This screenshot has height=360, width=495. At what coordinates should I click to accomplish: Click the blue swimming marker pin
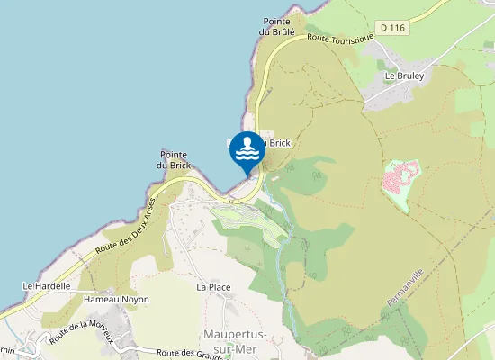pos(247,151)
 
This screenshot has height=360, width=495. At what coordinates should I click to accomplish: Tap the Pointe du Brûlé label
pos(275,27)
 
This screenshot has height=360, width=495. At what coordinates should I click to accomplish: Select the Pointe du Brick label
pos(173,159)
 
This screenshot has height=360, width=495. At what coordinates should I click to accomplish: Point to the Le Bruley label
pos(404,76)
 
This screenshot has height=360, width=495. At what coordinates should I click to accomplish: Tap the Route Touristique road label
pos(339,38)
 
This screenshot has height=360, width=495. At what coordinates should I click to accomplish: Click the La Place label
pos(213,286)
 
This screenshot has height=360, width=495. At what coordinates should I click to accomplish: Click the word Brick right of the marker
pos(277,143)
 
